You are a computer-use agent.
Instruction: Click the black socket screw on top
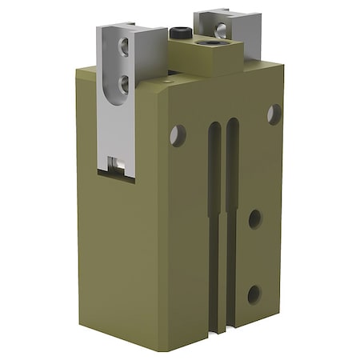pyautogui.click(x=178, y=33)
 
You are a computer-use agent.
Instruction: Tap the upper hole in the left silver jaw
pyautogui.click(x=125, y=47)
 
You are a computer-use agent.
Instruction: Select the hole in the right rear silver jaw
pyautogui.click(x=221, y=30)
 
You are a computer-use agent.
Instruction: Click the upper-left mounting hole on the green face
pyautogui.click(x=178, y=135)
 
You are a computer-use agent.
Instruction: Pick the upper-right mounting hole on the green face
pyautogui.click(x=274, y=114)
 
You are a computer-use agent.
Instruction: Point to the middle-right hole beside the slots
pyautogui.click(x=255, y=218)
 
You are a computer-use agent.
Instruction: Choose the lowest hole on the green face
pyautogui.click(x=254, y=294)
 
